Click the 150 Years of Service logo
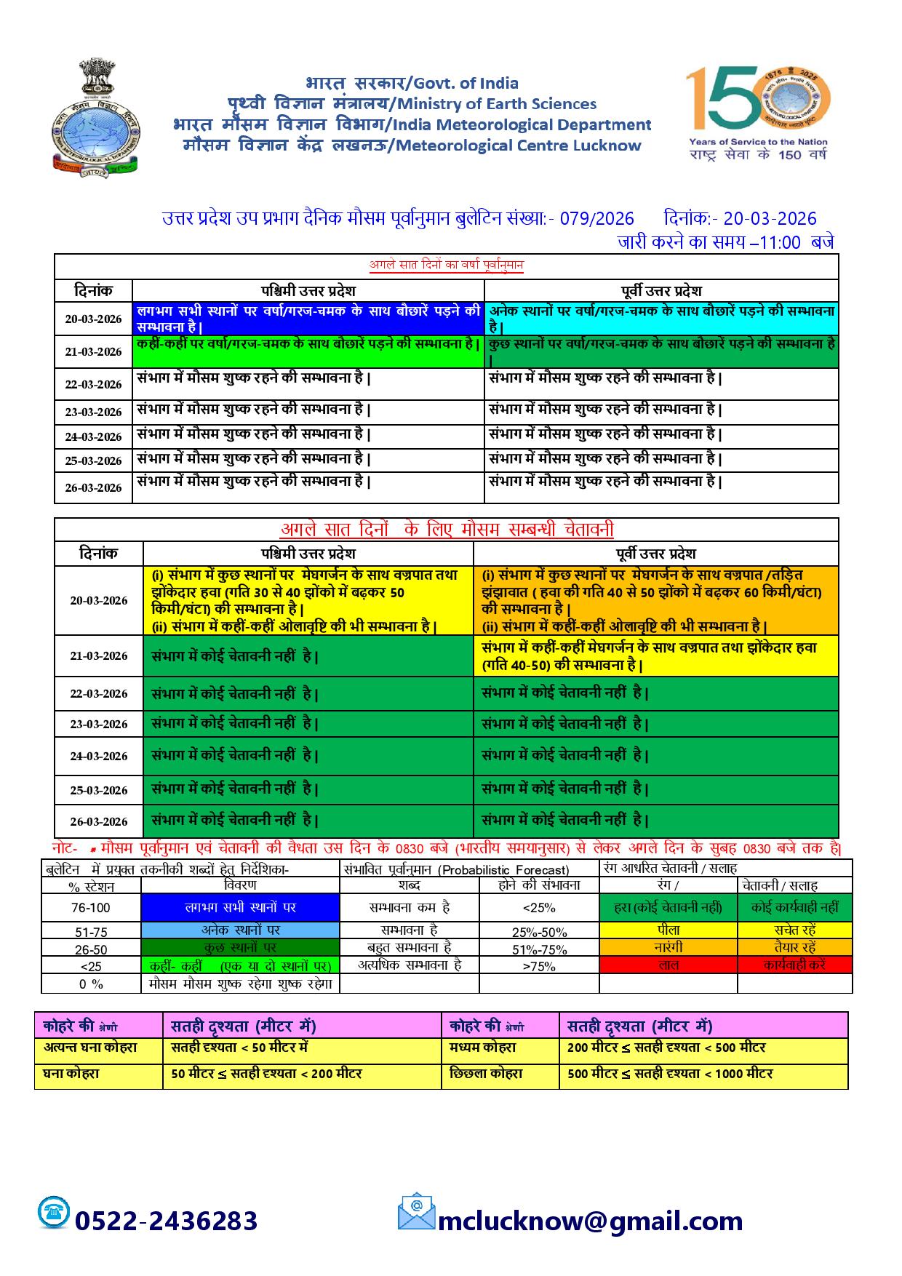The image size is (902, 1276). pyautogui.click(x=759, y=113)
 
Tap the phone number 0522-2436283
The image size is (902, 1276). pyautogui.click(x=167, y=1220)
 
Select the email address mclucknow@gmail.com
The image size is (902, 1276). pyautogui.click(x=590, y=1220)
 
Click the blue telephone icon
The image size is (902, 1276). pyautogui.click(x=54, y=1212)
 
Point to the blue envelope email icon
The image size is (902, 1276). pyautogui.click(x=416, y=1211)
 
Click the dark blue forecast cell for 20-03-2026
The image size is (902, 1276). pyautogui.click(x=308, y=319)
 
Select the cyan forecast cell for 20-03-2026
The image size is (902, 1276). pyautogui.click(x=661, y=319)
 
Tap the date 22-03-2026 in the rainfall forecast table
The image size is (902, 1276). pyautogui.click(x=93, y=384)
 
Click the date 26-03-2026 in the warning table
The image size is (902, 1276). pyautogui.click(x=99, y=821)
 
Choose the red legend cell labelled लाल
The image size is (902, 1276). pyautogui.click(x=668, y=965)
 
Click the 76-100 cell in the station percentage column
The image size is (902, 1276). pyautogui.click(x=91, y=908)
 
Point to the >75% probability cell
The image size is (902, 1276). pyautogui.click(x=539, y=966)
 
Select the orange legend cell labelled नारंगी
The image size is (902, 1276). pyautogui.click(x=668, y=948)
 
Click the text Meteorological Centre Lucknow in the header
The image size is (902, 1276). pyautogui.click(x=516, y=145)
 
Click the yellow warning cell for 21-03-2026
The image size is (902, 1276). pyautogui.click(x=655, y=656)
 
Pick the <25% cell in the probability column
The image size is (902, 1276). pyautogui.click(x=539, y=908)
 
